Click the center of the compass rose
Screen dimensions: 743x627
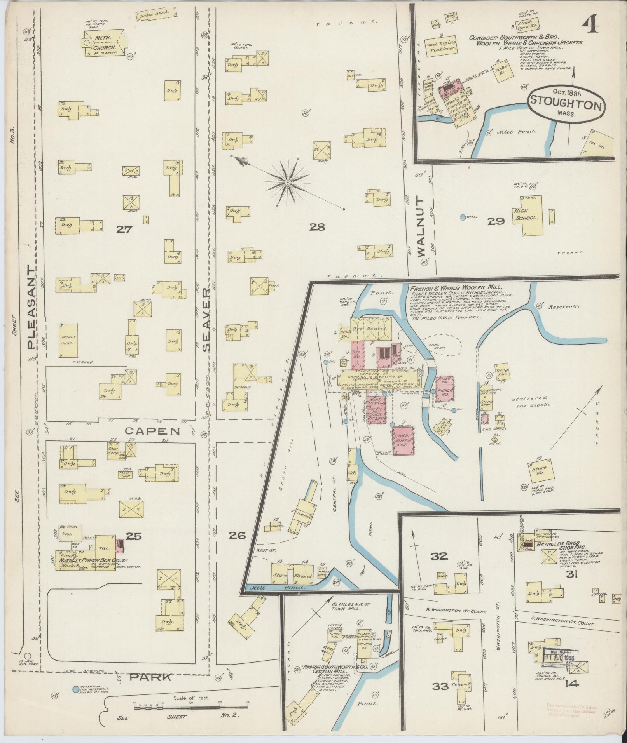[288, 182]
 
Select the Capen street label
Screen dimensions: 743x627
[153, 431]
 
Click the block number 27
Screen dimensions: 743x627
[125, 230]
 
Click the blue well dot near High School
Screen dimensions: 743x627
[463, 218]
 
